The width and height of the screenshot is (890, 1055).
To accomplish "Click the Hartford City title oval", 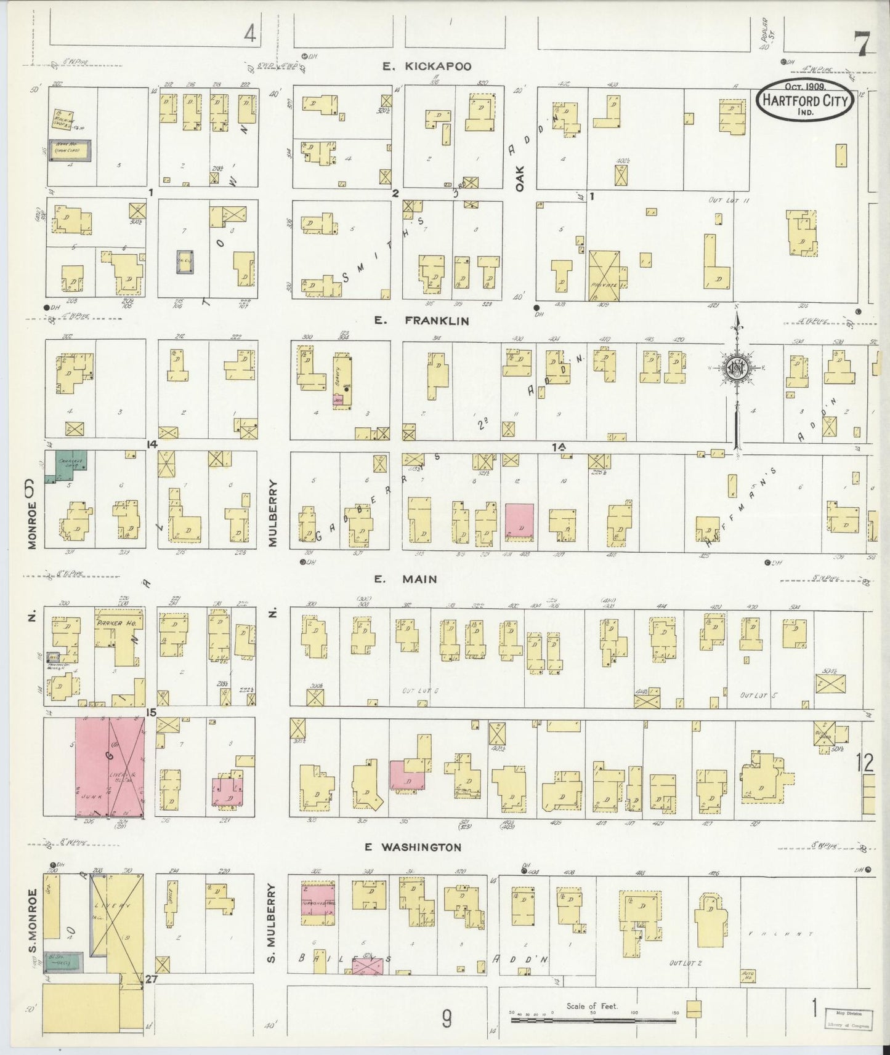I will coord(805,101).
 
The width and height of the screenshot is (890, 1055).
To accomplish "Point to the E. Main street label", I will coord(405,579).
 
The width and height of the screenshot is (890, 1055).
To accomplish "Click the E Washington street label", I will coord(413,847).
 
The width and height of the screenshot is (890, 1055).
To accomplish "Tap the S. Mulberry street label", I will coord(272,925).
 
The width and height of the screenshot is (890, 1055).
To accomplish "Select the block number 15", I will coord(152,713).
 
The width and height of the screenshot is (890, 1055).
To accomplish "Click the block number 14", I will coord(152,444).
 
